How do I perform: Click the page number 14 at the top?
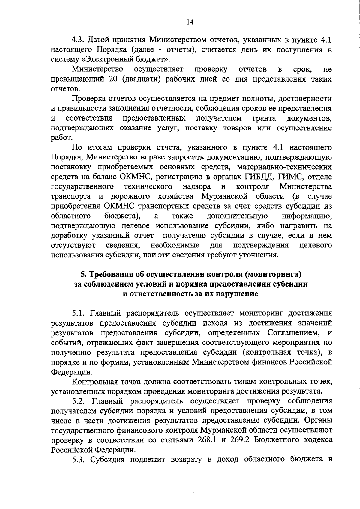(190, 22)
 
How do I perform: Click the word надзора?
(196, 186)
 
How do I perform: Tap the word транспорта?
(71, 197)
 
